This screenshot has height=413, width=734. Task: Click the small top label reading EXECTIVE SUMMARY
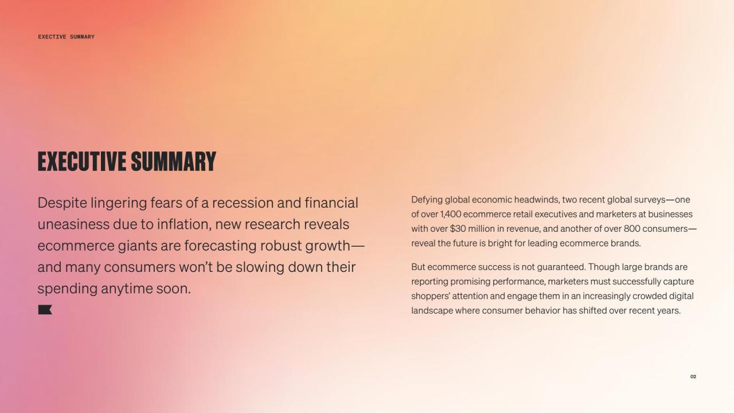[x=66, y=37]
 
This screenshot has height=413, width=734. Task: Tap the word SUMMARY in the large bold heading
[x=174, y=162]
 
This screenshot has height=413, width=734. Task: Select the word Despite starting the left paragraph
[x=63, y=203]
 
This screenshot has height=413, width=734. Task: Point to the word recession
[x=243, y=203]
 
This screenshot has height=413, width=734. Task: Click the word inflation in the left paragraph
[x=184, y=224]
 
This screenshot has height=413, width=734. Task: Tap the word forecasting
[x=220, y=246]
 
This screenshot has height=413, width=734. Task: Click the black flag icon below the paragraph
[x=45, y=310]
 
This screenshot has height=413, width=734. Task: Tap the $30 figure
[x=458, y=229]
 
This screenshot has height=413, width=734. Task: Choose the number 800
[x=632, y=229]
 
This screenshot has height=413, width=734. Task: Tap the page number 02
[x=693, y=377]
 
